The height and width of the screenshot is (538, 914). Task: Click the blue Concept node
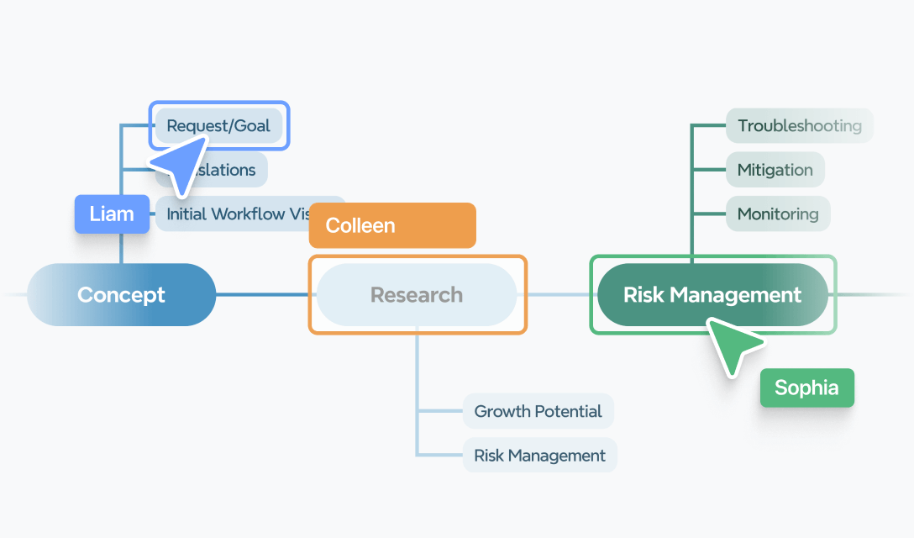(121, 295)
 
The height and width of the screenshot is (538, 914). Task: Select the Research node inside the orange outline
(417, 295)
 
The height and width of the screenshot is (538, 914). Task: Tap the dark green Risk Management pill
(712, 295)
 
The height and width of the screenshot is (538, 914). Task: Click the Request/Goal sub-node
(218, 126)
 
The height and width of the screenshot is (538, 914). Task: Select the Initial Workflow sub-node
(235, 214)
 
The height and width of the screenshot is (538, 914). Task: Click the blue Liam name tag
(112, 214)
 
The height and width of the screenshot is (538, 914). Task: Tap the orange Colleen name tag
(391, 225)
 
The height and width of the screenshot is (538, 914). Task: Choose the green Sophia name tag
(806, 388)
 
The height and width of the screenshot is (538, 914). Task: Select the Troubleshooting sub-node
(799, 126)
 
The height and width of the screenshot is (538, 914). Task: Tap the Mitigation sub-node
(775, 170)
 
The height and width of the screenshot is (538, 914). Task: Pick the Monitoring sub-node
(777, 214)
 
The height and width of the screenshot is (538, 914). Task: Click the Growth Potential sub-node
(538, 411)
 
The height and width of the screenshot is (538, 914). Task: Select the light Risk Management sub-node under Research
(539, 455)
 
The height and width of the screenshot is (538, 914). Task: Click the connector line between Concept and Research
(262, 294)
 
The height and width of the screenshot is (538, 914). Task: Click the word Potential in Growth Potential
(570, 411)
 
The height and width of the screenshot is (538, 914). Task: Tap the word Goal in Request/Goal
(253, 126)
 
